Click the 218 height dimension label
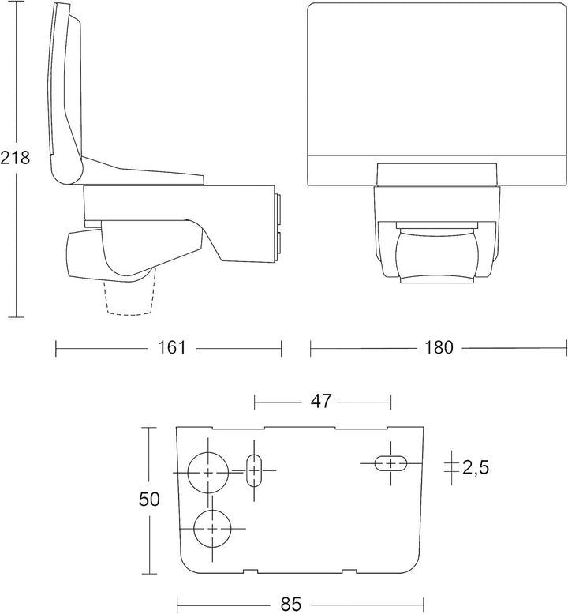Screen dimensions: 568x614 point(15,158)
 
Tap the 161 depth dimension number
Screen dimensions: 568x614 point(171,347)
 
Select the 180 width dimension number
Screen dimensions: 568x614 point(439,347)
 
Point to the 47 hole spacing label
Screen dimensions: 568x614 point(321,401)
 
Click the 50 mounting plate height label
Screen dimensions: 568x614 point(149,500)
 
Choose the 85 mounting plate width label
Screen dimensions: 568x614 point(291,605)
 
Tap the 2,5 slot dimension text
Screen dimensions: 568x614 point(476,467)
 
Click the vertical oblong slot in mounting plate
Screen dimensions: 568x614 point(255,470)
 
